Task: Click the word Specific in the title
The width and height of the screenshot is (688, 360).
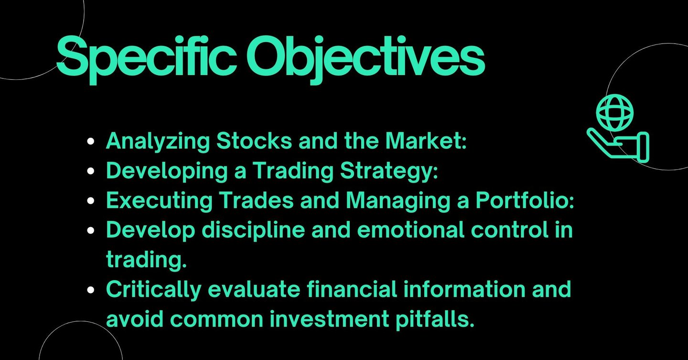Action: (x=146, y=59)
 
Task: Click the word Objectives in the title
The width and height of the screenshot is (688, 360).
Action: (x=365, y=59)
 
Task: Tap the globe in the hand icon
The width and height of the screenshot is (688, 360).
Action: (x=615, y=113)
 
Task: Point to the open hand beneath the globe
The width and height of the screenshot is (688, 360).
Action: (x=618, y=145)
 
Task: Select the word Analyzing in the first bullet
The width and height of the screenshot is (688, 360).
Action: (x=158, y=142)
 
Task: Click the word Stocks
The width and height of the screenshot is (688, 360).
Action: (x=254, y=141)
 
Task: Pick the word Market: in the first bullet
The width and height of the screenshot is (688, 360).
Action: (x=426, y=141)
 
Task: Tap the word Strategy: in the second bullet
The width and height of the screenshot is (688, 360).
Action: (x=389, y=171)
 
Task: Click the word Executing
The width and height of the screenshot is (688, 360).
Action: (x=159, y=201)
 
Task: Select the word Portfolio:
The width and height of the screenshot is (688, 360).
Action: (x=525, y=200)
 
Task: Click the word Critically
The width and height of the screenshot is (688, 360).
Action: (x=153, y=290)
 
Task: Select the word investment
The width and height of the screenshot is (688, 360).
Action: (x=329, y=319)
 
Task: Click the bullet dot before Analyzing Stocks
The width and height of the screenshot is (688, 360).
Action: (x=90, y=142)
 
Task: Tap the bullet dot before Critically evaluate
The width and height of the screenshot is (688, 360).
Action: (x=90, y=290)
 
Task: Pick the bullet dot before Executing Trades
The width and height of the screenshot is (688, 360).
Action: (x=90, y=201)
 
